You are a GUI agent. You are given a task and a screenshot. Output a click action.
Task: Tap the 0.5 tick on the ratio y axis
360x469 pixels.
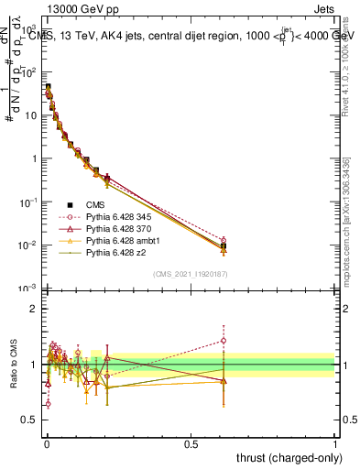28,421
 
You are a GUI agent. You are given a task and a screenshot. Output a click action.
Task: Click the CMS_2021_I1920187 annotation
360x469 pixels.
190,274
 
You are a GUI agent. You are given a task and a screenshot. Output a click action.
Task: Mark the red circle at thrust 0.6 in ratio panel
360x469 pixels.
223,341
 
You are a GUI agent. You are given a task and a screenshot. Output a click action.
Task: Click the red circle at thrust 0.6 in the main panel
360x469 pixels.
223,240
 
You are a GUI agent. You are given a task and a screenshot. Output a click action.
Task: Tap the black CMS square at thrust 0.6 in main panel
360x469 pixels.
223,246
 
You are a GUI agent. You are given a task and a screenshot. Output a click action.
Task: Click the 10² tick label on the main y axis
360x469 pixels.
29,72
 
